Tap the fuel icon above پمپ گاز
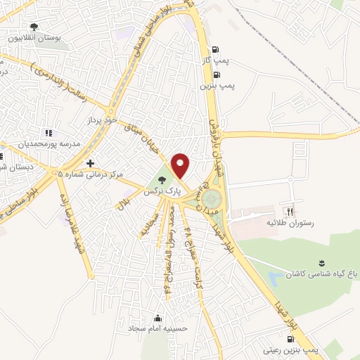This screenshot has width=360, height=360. point(214,50)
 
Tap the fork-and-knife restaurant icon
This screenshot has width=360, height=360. point(289,211)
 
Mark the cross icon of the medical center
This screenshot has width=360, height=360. point(90,163)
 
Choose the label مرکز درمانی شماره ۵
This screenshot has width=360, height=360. point(91,174)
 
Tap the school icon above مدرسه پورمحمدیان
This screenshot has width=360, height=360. point(48,132)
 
